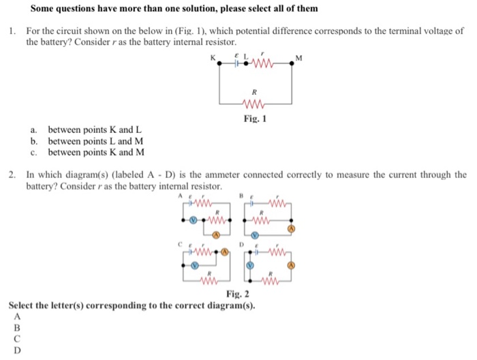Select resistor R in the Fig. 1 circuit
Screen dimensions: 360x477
click(254, 104)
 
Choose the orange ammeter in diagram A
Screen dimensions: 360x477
click(215, 235)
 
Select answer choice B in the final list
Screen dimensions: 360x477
click(17, 327)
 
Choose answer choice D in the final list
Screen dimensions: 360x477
click(17, 350)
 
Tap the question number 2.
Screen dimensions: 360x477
click(13, 175)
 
